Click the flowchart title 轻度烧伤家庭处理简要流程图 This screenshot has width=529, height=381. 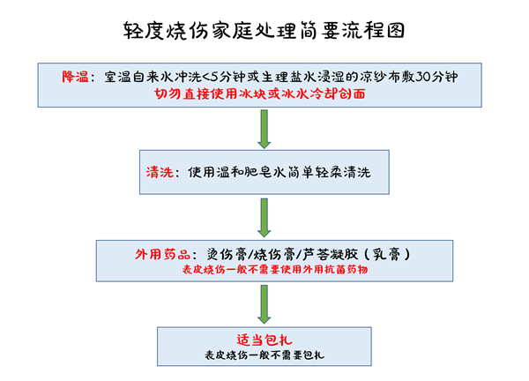264,31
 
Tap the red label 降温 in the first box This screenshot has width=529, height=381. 76,78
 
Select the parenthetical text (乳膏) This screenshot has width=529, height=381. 383,253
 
